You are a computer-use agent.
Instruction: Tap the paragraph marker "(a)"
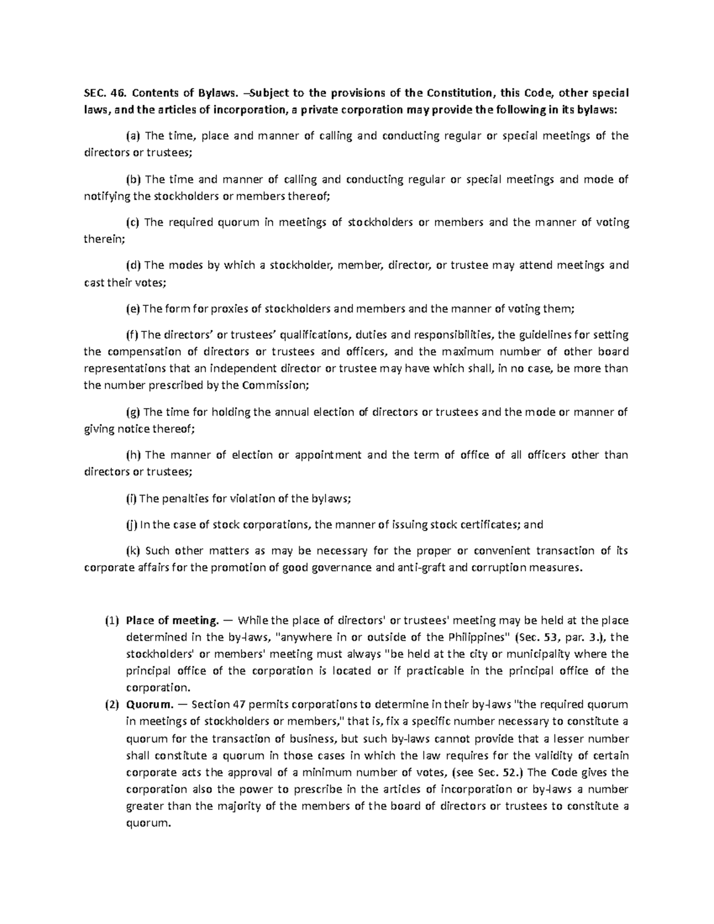(x=133, y=136)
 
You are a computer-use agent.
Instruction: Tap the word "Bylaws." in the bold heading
(x=217, y=93)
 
